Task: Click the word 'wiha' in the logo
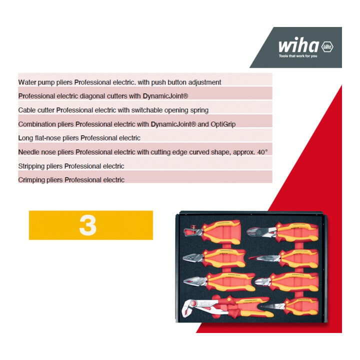coord(298,45)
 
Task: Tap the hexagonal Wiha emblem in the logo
coord(327,47)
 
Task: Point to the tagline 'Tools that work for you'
coord(298,56)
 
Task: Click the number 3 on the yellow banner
coord(87,225)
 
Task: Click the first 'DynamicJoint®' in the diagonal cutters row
coord(165,96)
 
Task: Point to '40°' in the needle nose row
coord(262,152)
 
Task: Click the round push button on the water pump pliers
coord(194,304)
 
